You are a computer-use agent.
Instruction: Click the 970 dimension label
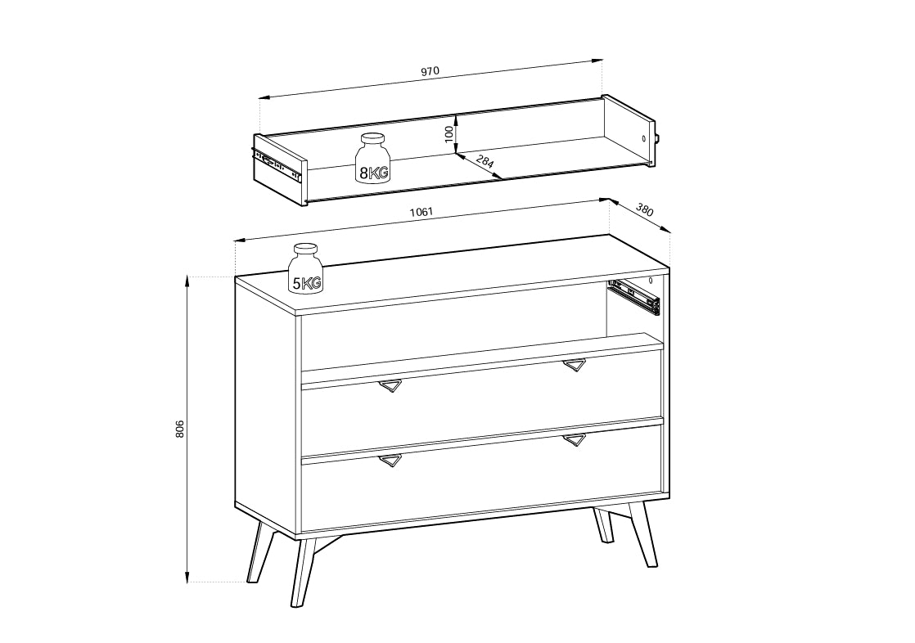click(x=430, y=72)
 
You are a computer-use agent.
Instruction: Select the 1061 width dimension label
click(x=421, y=212)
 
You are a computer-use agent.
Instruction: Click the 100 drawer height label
click(x=448, y=134)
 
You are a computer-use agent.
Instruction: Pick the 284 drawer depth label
click(x=485, y=160)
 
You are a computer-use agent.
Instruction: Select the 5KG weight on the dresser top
click(x=306, y=268)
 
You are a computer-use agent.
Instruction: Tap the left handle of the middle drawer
click(x=390, y=385)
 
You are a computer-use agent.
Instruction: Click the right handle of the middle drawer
click(x=575, y=365)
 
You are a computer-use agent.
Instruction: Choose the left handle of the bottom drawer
click(x=390, y=461)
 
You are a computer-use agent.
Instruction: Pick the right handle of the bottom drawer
click(x=575, y=440)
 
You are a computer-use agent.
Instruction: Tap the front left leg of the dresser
click(x=303, y=572)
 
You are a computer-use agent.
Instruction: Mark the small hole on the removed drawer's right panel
click(x=643, y=139)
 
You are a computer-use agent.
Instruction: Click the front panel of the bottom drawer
click(x=482, y=479)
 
